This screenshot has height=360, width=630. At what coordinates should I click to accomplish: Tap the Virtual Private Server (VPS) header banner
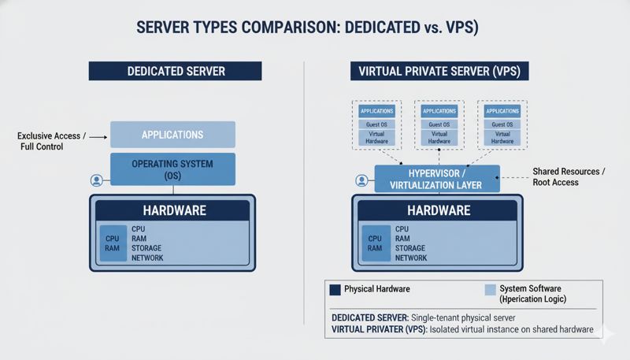point(439,71)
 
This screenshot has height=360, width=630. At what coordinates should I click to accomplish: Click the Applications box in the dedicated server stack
point(172,135)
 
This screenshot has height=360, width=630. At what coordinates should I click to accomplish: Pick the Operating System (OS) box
point(172,169)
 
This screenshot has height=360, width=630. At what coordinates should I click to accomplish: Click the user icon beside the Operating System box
point(97,180)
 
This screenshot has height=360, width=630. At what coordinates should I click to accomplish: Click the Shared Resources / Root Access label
point(566,176)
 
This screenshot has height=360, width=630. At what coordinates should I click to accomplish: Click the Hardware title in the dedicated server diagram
point(174,211)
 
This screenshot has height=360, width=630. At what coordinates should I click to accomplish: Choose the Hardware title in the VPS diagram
point(438,211)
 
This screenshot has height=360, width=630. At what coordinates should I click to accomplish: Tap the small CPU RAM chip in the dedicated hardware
point(111,243)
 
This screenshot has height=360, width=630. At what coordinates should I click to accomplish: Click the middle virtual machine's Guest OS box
point(439,124)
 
